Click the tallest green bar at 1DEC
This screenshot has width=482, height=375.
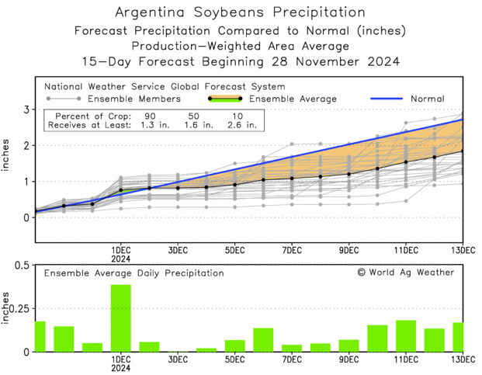point(120,318)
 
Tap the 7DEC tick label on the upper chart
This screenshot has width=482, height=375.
point(292,250)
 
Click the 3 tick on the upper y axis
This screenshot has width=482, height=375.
point(26,109)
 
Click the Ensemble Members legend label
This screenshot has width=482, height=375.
point(134,99)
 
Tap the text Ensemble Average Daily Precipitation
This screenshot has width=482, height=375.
point(134,273)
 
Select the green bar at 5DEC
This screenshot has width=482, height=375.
point(234,345)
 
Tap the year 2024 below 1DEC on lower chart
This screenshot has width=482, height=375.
point(120,370)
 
